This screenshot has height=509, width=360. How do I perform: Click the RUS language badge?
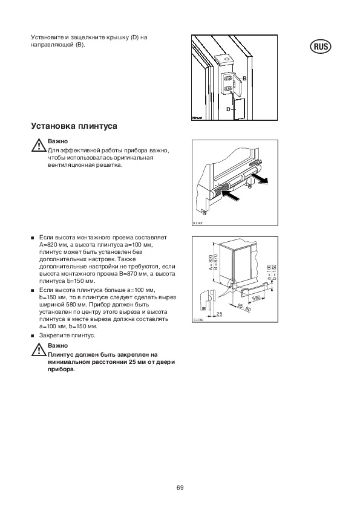321,47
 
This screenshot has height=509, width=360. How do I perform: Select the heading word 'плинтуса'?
97,126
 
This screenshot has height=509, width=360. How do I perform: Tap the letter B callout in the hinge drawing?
244,79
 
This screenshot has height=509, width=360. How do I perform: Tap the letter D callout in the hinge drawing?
228,109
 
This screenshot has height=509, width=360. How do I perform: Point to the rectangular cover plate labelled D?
239,109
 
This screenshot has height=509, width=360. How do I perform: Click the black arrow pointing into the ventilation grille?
231,195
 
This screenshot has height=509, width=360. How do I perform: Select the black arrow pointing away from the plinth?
260,179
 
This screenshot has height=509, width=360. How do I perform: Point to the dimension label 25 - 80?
244,307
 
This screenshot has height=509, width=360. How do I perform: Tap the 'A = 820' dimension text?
211,262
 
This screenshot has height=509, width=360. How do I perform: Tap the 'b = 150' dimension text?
275,271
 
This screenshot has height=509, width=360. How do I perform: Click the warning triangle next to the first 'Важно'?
38,145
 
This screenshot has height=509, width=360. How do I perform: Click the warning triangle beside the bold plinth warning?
38,349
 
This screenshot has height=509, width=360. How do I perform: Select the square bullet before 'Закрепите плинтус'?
33,336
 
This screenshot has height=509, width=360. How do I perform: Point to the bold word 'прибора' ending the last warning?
61,370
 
